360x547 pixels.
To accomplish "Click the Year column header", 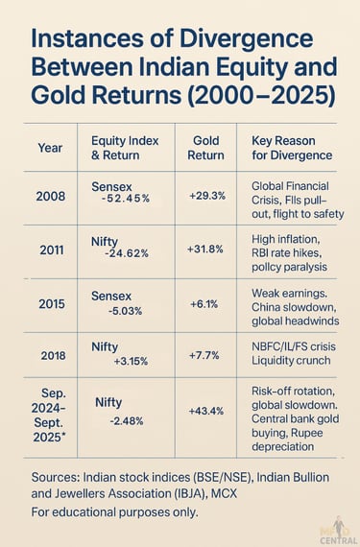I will [x=49, y=148].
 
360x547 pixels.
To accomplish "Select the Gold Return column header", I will [x=205, y=147].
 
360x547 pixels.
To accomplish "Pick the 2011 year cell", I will [x=51, y=251].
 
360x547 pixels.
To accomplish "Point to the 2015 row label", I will [x=51, y=303].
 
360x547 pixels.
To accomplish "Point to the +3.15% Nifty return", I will [x=127, y=363].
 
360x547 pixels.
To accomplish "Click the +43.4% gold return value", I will [x=205, y=411].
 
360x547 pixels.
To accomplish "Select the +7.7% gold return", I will [x=205, y=354].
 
